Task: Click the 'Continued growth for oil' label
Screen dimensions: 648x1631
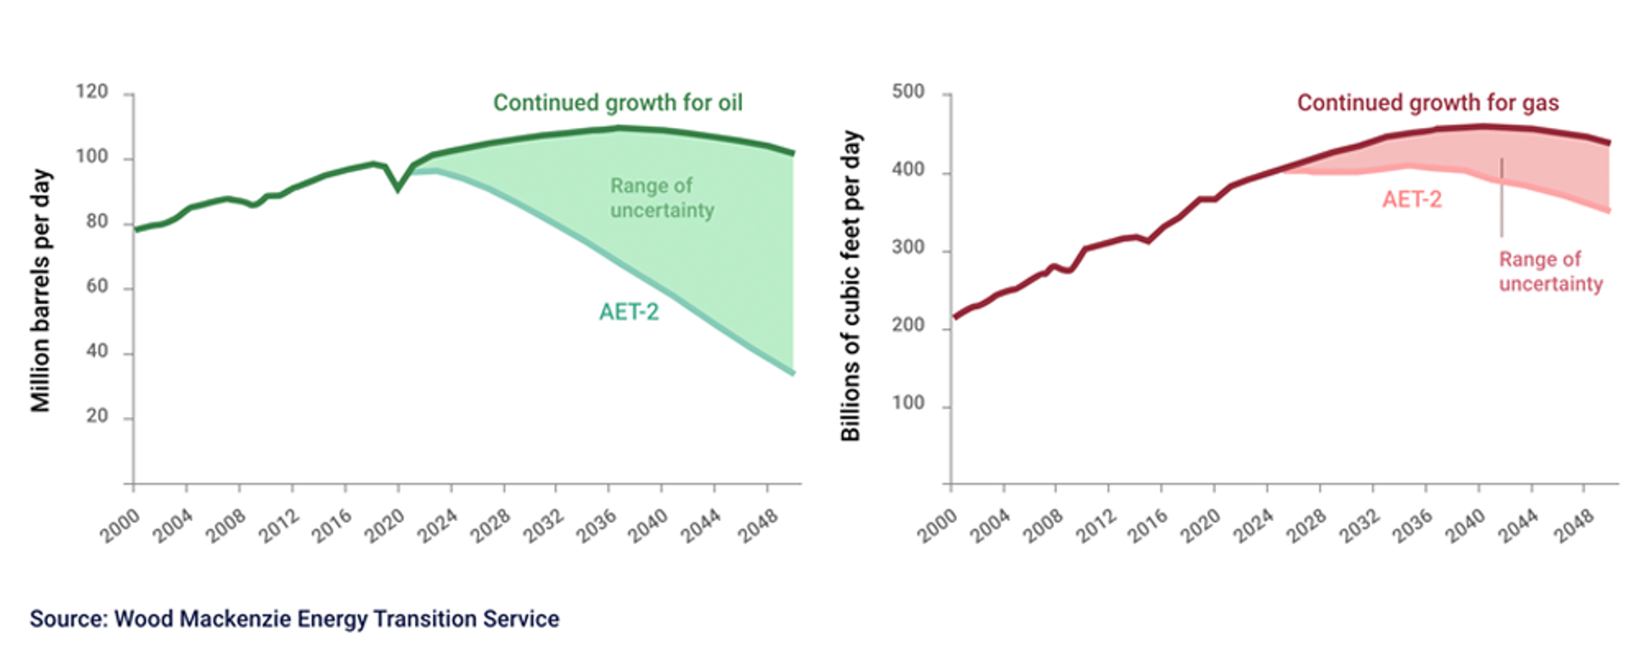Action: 617,103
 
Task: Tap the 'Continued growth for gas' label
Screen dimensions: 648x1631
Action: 1427,103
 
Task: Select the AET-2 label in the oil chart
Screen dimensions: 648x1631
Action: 628,313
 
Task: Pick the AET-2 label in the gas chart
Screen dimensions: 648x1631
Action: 1411,200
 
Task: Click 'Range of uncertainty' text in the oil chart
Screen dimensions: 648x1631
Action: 661,198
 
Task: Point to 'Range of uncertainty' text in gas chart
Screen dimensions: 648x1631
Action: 1549,272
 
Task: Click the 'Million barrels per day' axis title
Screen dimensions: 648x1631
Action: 42,290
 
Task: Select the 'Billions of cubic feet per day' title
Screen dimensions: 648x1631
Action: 851,285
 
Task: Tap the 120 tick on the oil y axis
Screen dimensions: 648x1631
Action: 92,92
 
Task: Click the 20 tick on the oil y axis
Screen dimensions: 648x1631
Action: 96,417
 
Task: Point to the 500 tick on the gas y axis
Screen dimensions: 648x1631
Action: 908,92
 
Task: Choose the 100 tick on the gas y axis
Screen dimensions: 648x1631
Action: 908,404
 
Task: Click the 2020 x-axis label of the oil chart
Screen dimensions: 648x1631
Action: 385,525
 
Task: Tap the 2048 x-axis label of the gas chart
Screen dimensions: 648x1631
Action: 1574,525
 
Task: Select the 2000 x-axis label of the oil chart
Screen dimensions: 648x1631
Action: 121,525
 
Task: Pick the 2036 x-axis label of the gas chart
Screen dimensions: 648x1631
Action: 1414,525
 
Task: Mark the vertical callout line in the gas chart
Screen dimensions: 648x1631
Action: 1501,198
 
